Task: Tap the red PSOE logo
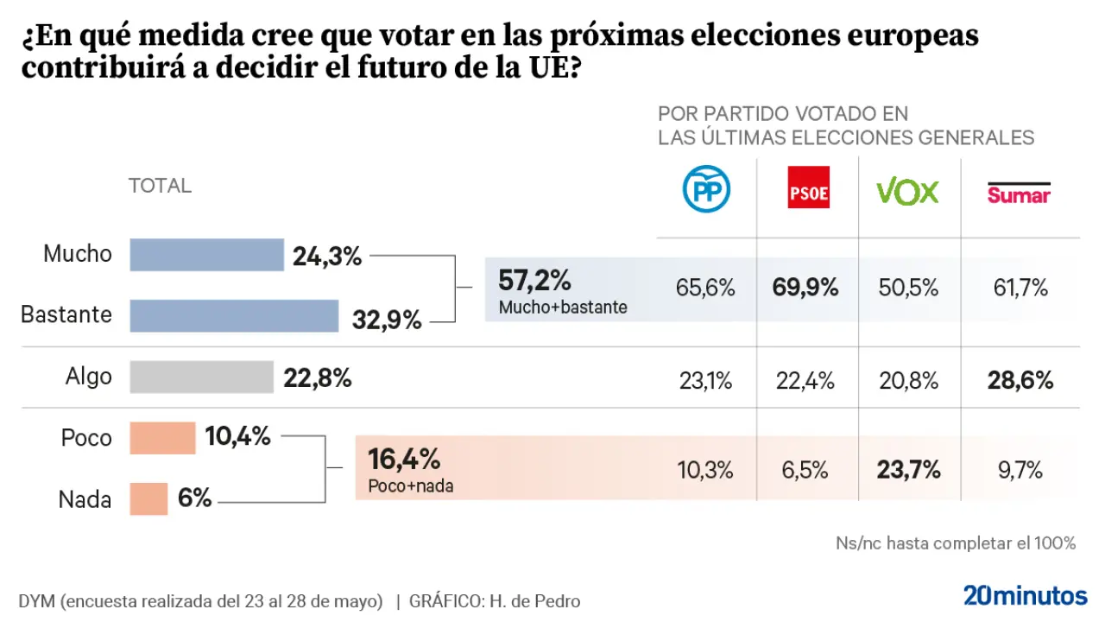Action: (809, 187)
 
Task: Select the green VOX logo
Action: (907, 191)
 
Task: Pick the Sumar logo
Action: (1019, 194)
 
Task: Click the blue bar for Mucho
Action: (207, 255)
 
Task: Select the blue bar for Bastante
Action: (234, 316)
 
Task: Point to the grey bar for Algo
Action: (201, 377)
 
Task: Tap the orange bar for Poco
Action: (162, 438)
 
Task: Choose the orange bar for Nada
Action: (148, 498)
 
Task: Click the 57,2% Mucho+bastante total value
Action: (535, 281)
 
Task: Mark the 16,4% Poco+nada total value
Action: (404, 459)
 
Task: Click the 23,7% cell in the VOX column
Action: (908, 471)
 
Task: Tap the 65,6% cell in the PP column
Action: (706, 288)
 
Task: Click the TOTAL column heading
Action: (160, 186)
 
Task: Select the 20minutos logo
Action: (1025, 595)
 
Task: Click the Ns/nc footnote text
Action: (956, 543)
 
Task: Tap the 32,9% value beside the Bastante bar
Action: (387, 321)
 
